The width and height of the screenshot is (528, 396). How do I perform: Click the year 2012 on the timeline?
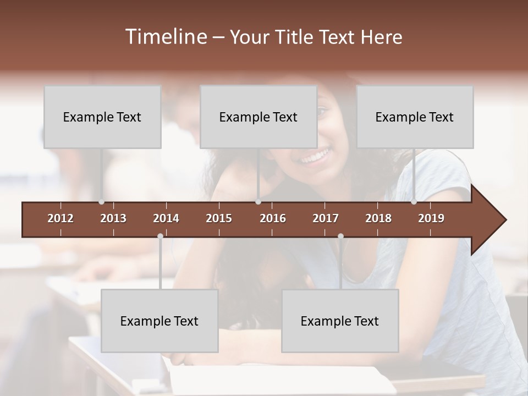61,218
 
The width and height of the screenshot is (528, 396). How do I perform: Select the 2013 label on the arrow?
113,218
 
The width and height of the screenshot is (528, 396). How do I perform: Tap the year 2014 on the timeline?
166,218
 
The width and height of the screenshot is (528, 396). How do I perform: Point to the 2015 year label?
219,218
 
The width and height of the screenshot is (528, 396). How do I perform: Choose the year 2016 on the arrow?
273,218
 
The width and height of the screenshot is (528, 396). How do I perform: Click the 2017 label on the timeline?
326,218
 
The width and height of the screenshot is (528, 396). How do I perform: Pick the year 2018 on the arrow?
378,218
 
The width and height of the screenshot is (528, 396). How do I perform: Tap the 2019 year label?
431,218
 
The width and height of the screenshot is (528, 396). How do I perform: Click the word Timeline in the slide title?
165,37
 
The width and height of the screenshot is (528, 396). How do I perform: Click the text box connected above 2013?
102,117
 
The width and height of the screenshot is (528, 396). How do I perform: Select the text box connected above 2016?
258,117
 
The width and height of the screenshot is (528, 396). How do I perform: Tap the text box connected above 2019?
415,117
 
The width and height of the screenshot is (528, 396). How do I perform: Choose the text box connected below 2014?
159,321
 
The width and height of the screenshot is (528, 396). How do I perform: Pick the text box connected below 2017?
340,321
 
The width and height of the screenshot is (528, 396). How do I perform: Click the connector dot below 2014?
160,236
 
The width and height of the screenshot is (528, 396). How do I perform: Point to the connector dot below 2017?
340,236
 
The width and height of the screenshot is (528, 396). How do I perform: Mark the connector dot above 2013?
101,202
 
